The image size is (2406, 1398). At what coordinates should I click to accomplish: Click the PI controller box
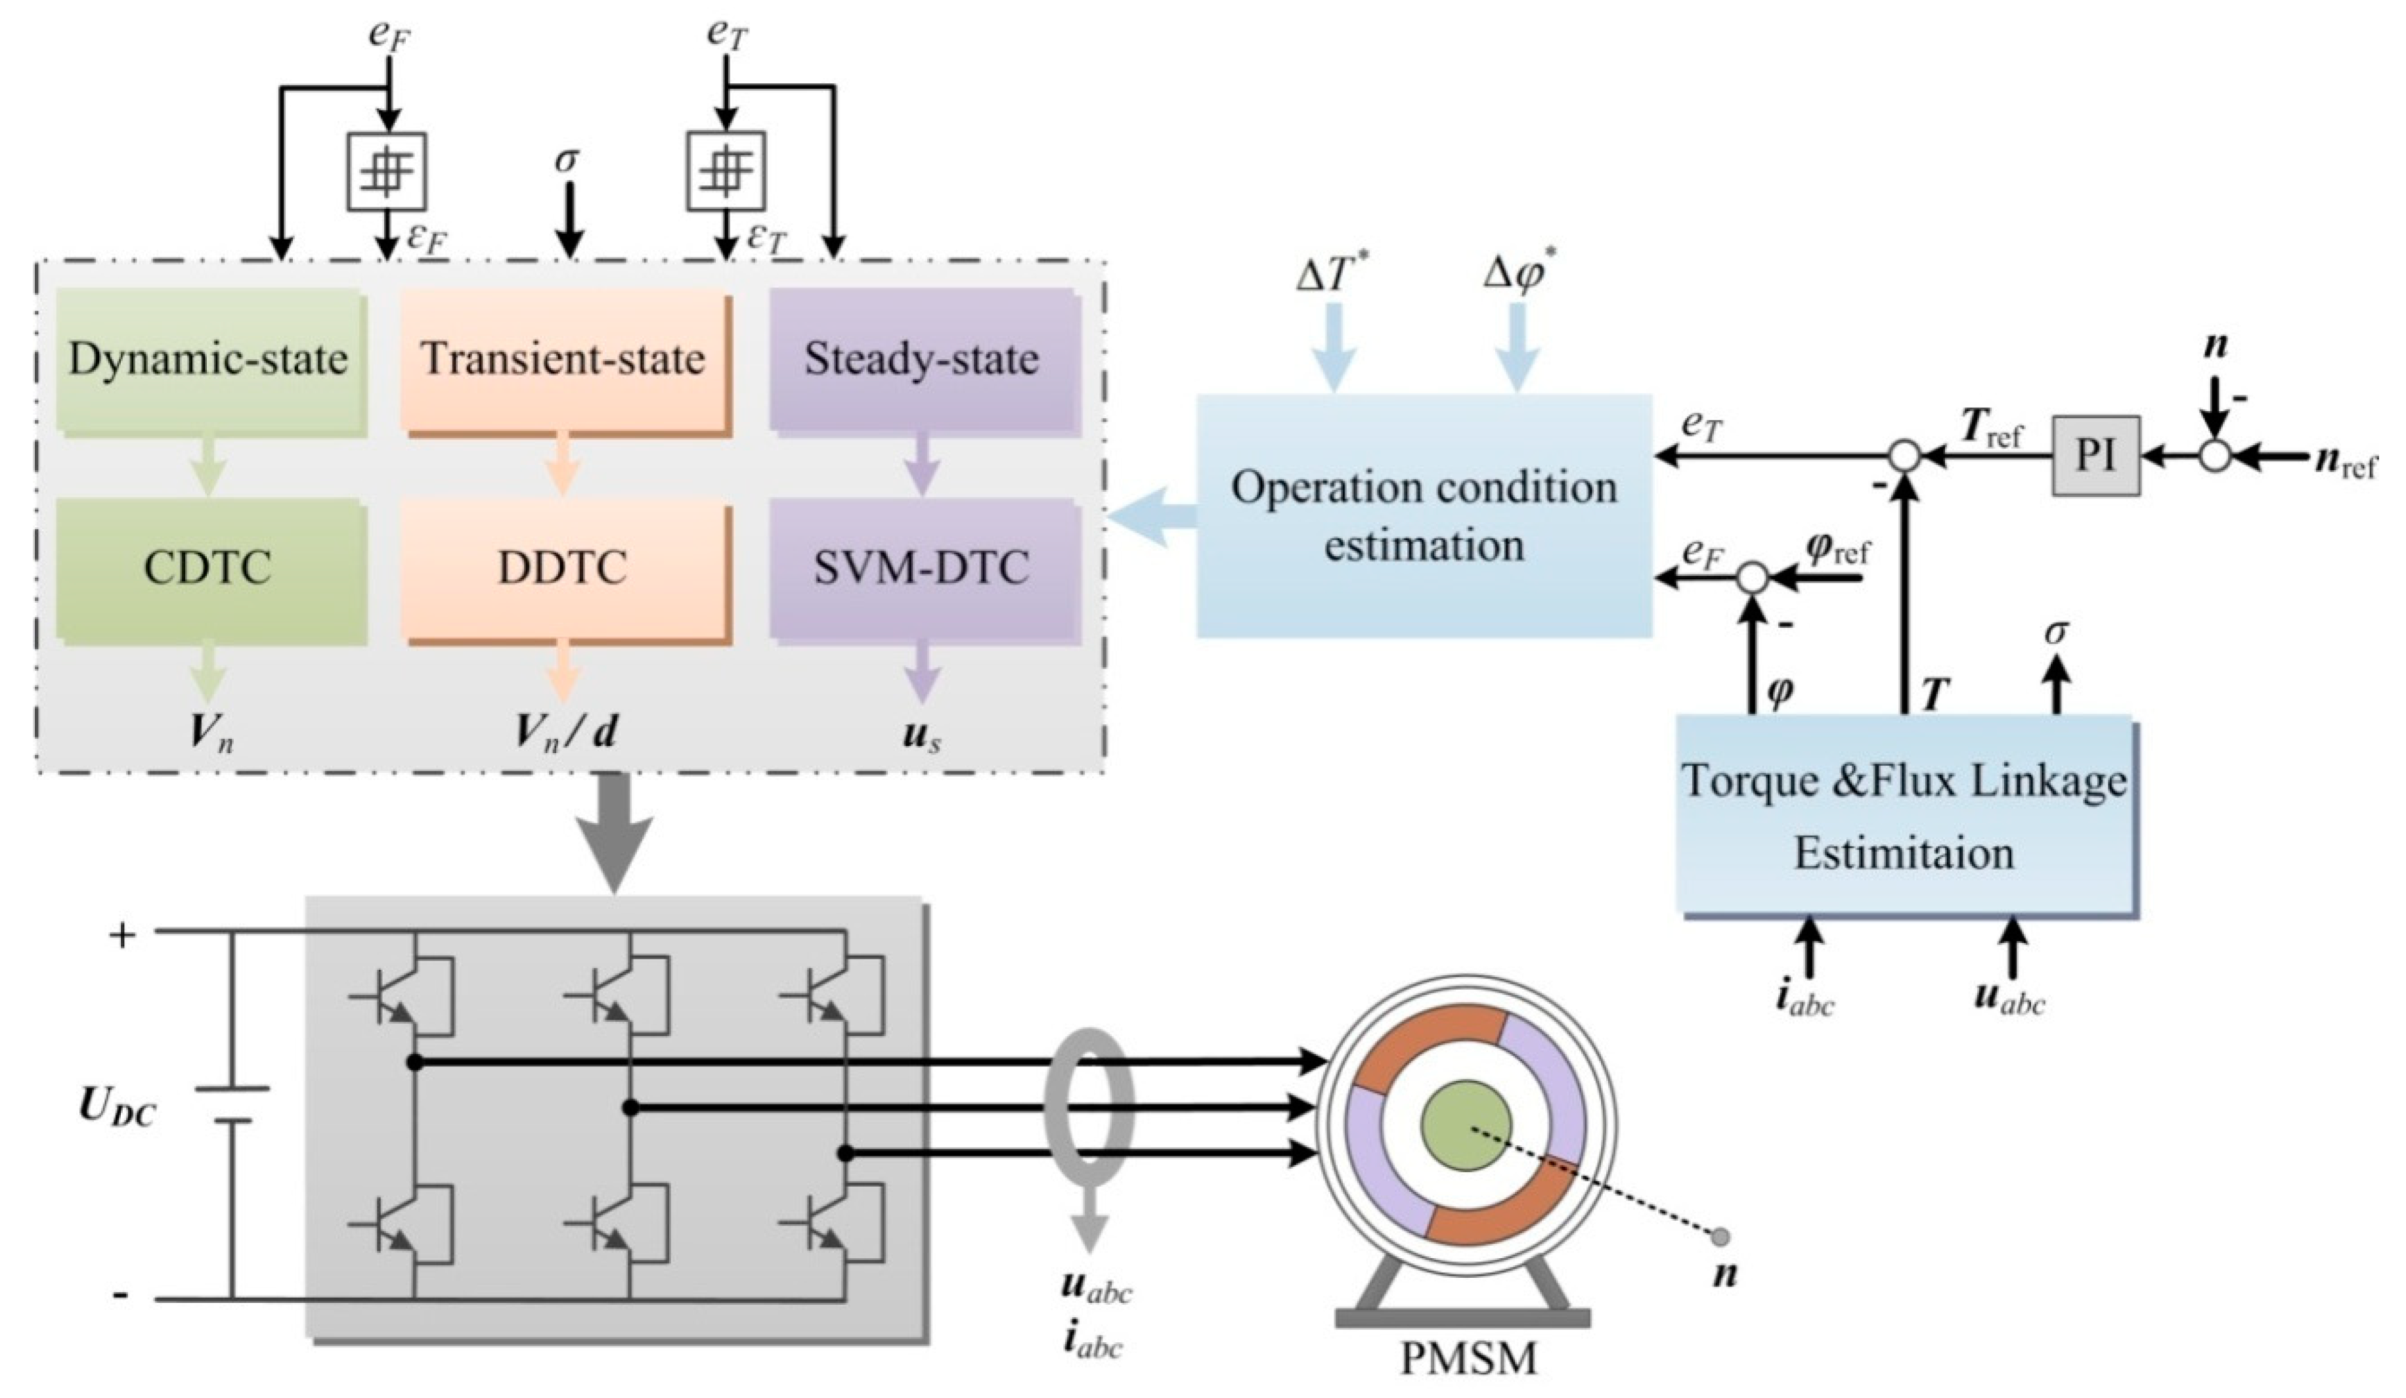point(2095,456)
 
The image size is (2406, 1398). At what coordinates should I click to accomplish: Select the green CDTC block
point(209,567)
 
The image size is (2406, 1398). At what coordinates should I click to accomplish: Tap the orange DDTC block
point(563,567)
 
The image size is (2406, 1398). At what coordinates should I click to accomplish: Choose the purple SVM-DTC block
point(921,567)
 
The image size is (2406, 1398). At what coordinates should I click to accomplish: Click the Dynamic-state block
point(209,359)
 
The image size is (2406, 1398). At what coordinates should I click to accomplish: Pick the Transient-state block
point(563,359)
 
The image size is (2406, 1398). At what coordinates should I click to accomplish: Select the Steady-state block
point(921,359)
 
